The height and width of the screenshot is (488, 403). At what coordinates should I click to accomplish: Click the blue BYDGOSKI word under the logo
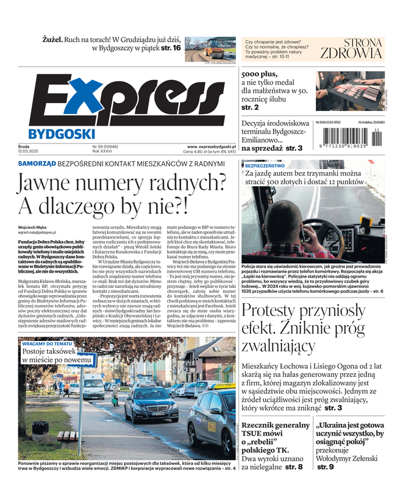point(61,134)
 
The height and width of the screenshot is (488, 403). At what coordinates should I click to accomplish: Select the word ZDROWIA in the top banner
point(351,52)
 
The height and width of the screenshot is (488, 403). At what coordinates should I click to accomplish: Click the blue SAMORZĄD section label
point(37,164)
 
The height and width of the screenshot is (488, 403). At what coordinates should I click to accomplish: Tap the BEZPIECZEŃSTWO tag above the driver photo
point(266,165)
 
